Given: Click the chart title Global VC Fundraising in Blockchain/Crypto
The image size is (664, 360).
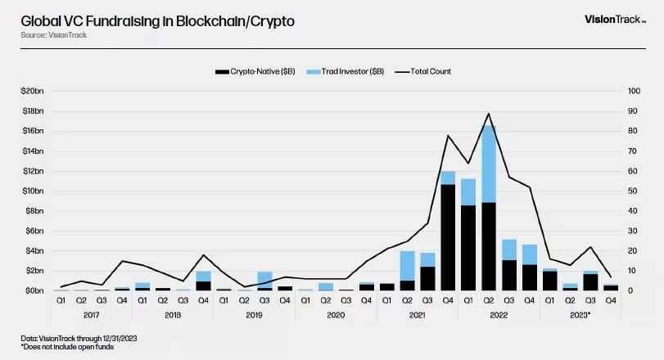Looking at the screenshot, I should [x=157, y=20].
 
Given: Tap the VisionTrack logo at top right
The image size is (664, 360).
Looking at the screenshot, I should [x=615, y=19].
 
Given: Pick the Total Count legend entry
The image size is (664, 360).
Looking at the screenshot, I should [x=423, y=71].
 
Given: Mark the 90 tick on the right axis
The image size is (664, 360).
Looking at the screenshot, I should [x=632, y=110].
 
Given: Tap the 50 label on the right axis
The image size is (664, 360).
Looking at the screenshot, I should [x=632, y=191].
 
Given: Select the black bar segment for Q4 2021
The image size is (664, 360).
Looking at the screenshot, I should [x=448, y=237].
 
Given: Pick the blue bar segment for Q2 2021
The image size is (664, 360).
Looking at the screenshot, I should [x=407, y=265].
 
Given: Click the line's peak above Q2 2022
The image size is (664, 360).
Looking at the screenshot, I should [x=489, y=114].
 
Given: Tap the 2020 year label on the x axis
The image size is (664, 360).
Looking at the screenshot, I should [x=336, y=313].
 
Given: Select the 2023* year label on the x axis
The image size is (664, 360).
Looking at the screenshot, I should [x=580, y=313].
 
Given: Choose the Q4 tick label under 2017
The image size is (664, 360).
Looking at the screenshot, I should [x=121, y=300].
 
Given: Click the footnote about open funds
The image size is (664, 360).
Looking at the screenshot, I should [x=56, y=347].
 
